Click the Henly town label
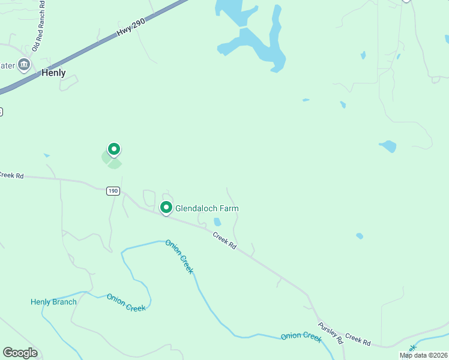53,73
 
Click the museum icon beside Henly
24,65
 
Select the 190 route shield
113,191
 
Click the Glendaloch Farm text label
206,208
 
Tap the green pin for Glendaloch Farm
166,208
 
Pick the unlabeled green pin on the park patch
113,149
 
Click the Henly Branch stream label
53,302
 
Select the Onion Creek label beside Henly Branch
126,302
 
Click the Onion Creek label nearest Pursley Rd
301,336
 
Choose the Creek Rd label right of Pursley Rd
358,339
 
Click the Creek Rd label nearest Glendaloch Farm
224,241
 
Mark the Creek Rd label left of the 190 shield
11,175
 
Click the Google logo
20,353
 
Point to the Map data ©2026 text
423,355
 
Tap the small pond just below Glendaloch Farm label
217,222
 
